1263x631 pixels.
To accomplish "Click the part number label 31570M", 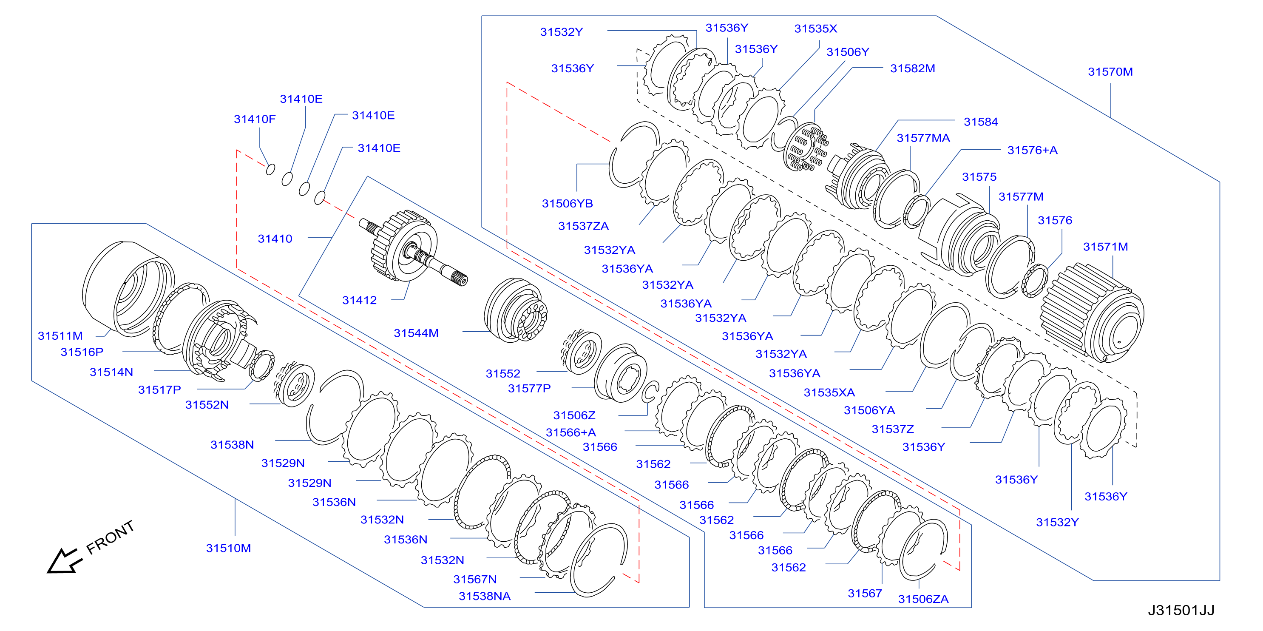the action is click(x=1110, y=71).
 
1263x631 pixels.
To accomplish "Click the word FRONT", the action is click(x=111, y=537).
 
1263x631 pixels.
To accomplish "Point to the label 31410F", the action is click(x=255, y=119).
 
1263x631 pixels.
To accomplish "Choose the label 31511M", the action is click(x=60, y=336).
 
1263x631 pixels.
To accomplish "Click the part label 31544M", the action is click(x=416, y=333).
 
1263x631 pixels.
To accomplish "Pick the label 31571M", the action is click(x=1105, y=247).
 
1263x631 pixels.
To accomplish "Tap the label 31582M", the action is click(x=912, y=68).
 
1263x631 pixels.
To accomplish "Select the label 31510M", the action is click(x=228, y=548).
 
